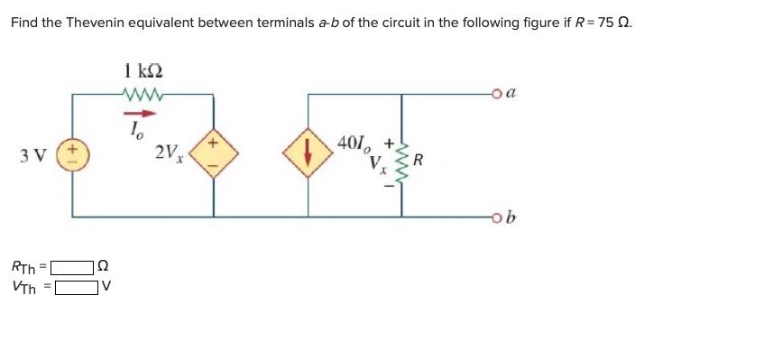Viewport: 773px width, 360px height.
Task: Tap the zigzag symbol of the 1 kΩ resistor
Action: tap(144, 92)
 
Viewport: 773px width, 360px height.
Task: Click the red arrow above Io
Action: tap(146, 114)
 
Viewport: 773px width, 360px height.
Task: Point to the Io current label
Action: tap(137, 130)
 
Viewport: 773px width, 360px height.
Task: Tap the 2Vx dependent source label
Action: tap(170, 153)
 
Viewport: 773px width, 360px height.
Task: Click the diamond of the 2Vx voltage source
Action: tap(214, 154)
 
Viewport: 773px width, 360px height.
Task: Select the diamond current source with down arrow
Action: tap(308, 154)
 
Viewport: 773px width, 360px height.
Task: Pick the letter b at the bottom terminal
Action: tap(511, 216)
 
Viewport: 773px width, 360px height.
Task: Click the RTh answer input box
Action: tap(72, 268)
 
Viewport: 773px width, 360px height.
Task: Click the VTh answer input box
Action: tap(77, 289)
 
